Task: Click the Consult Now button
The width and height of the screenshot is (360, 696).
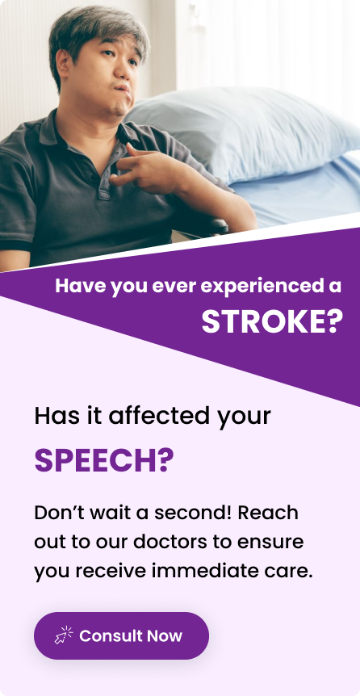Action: pos(121,635)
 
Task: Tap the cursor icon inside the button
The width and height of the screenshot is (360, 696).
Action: pos(64,635)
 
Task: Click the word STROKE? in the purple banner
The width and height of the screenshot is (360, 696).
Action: pos(273,321)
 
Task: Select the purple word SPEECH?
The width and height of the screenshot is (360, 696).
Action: pos(103,461)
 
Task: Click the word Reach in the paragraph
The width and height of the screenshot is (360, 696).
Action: pos(268,513)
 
